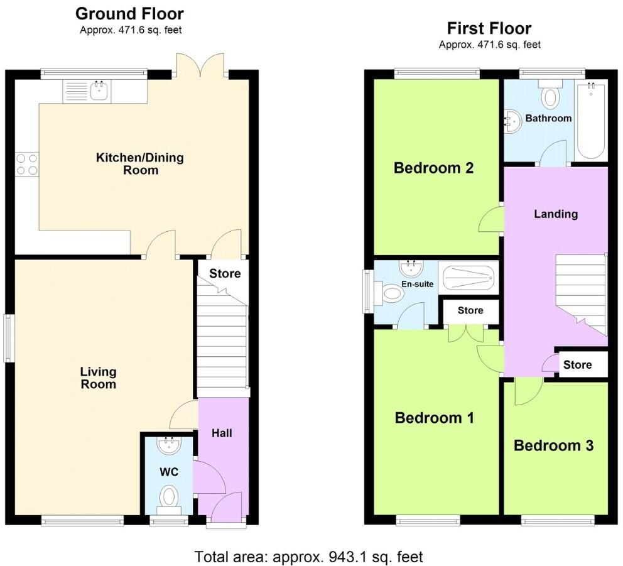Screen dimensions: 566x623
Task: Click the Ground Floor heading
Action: coord(129,13)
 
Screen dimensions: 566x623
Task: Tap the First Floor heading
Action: coord(489,28)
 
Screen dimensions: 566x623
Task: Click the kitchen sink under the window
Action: coord(99,92)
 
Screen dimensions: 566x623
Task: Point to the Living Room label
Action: coord(98,378)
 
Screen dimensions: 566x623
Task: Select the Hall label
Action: coord(221,433)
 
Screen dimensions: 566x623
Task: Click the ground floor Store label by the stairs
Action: coord(225,274)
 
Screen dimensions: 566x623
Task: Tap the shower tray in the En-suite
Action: coord(468,277)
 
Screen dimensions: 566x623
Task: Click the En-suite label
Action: coord(417,284)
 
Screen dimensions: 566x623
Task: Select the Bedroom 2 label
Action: coord(433,168)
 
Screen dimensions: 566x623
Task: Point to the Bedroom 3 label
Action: coord(554,445)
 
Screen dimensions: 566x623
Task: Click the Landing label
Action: coord(556,214)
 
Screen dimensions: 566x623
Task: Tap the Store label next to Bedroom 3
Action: coord(577,365)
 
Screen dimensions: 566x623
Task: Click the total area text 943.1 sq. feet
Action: coord(308,557)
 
